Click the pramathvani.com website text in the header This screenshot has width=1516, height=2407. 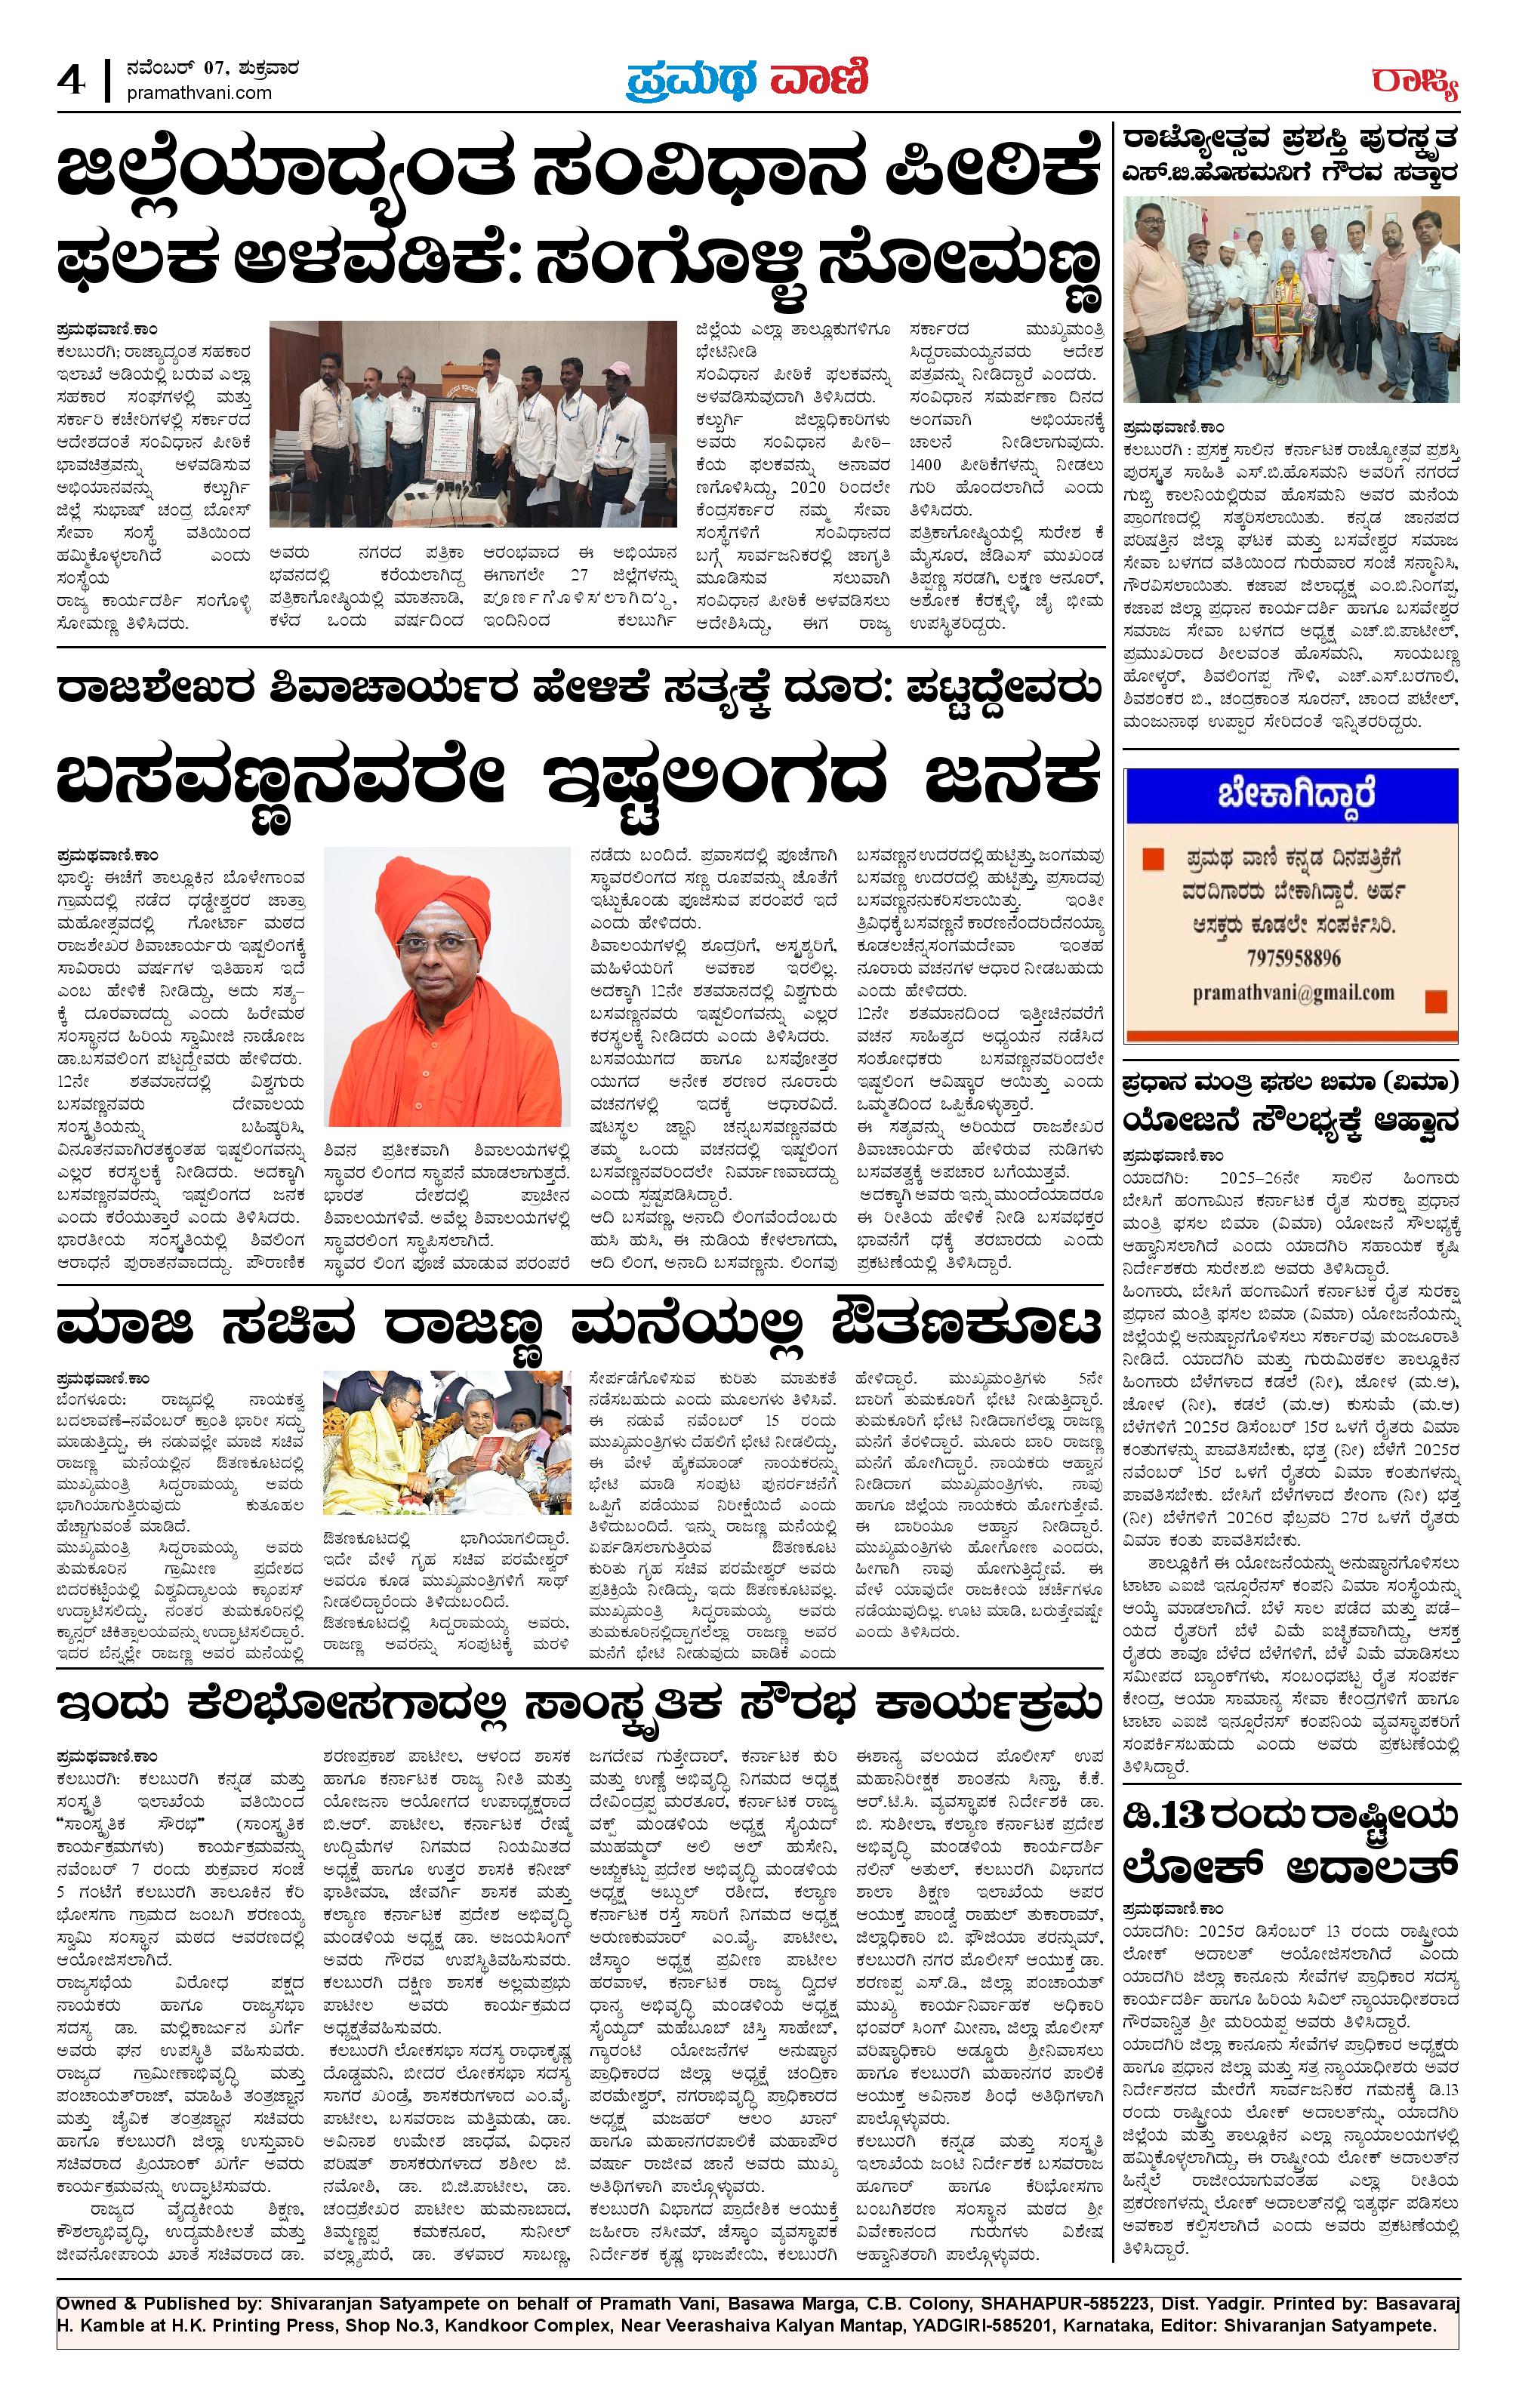[x=200, y=92]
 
